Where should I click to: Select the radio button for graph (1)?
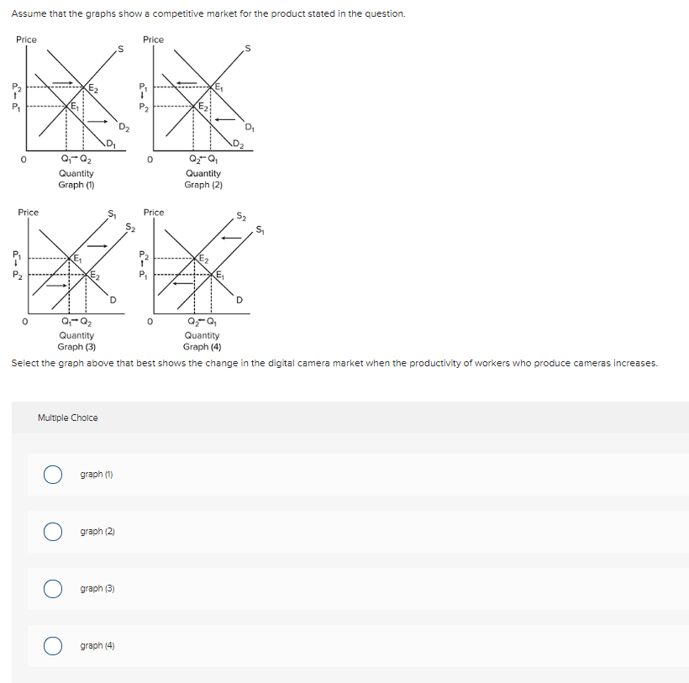pyautogui.click(x=54, y=475)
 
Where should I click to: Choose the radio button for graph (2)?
pyautogui.click(x=54, y=532)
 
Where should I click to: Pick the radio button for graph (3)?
pyautogui.click(x=54, y=589)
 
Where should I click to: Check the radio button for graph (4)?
pyautogui.click(x=54, y=646)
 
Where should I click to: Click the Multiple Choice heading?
pyautogui.click(x=68, y=418)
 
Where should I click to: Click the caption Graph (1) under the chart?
pyautogui.click(x=76, y=185)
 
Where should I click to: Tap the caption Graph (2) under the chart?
pyautogui.click(x=203, y=185)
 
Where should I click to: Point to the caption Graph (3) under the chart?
pyautogui.click(x=76, y=346)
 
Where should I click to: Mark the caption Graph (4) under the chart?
pyautogui.click(x=202, y=346)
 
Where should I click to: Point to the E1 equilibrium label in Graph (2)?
pyautogui.click(x=219, y=88)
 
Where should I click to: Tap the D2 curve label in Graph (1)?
pyautogui.click(x=124, y=128)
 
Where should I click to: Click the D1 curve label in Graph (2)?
pyautogui.click(x=249, y=128)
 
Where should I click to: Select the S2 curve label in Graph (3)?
pyautogui.click(x=129, y=226)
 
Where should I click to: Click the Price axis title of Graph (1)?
pyautogui.click(x=26, y=39)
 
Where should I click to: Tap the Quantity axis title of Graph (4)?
pyautogui.click(x=202, y=335)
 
